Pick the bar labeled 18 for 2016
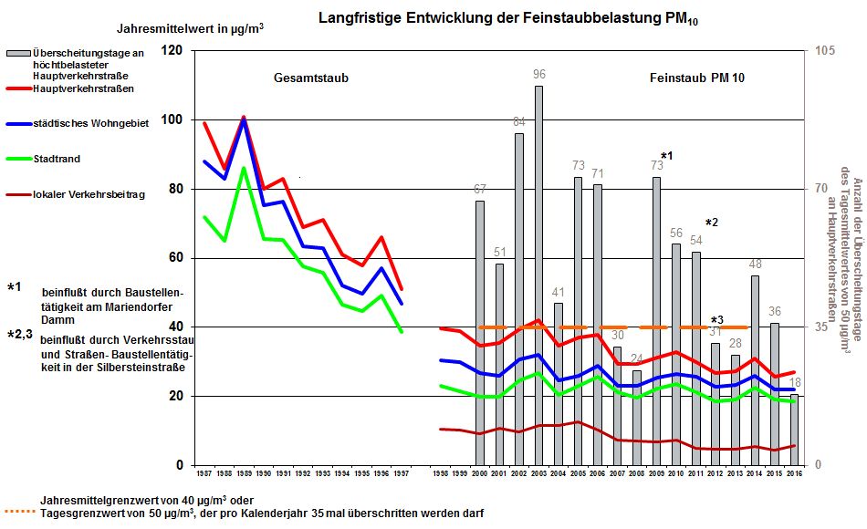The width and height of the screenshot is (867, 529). click(x=793, y=433)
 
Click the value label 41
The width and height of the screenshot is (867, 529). click(x=559, y=292)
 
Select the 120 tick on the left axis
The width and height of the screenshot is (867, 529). click(x=172, y=51)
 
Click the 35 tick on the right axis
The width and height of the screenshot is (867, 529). click(x=821, y=327)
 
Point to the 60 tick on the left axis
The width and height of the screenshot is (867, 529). click(x=174, y=258)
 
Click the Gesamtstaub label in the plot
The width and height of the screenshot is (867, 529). click(x=311, y=78)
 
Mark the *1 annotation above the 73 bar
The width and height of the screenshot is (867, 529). click(x=666, y=157)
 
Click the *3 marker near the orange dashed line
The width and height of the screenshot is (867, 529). click(x=717, y=319)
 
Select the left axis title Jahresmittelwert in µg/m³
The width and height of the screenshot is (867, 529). click(x=191, y=28)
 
